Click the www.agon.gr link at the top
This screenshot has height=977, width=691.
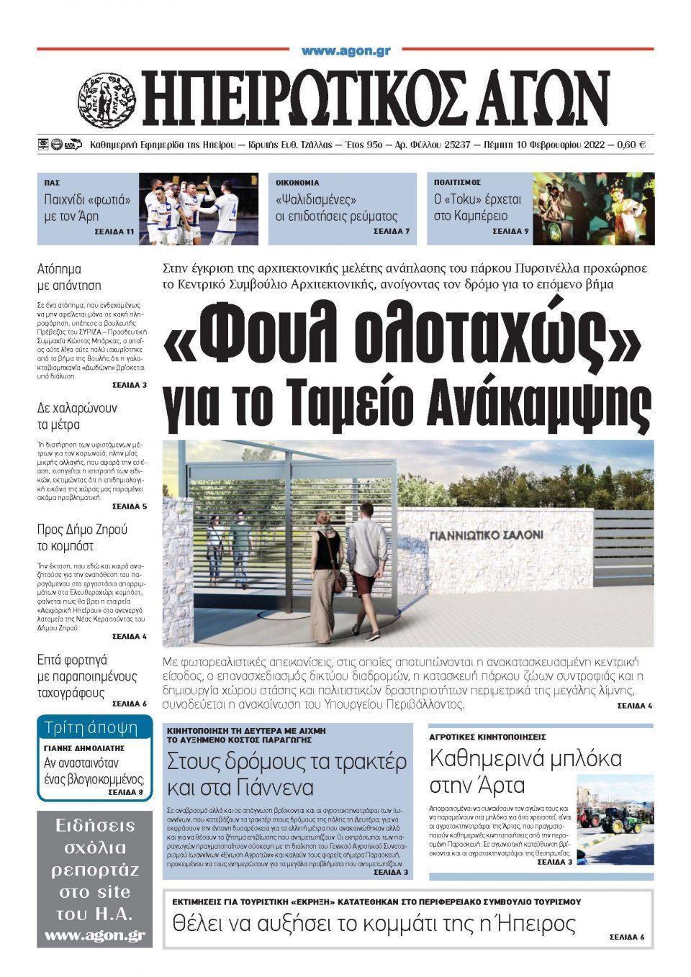tap(345, 51)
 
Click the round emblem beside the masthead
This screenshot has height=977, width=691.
tap(107, 97)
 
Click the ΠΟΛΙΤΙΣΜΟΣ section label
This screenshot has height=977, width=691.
tap(457, 183)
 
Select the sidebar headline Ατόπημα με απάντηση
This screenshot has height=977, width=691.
tap(69, 278)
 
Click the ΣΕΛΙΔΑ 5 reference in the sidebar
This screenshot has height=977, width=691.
tap(130, 506)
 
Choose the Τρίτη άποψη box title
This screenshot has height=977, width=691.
tap(91, 727)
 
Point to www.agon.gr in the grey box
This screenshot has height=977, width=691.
tap(94, 935)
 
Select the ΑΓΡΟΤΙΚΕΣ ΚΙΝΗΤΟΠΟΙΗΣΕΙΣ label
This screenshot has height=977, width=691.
tap(487, 737)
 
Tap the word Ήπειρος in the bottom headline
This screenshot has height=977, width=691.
tap(533, 922)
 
